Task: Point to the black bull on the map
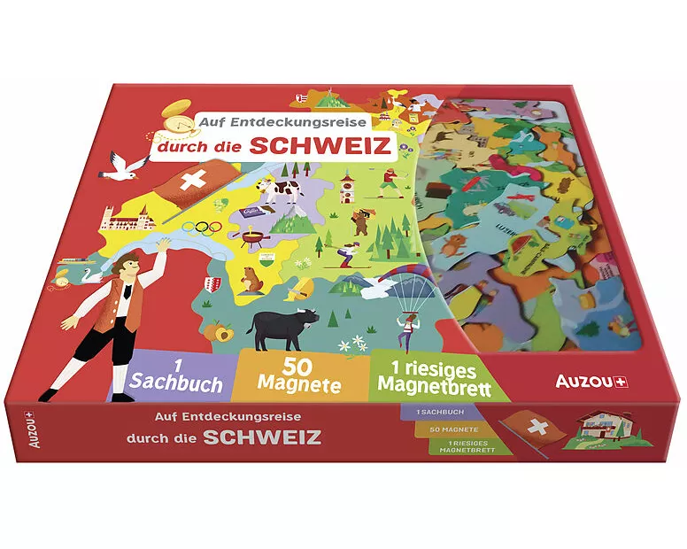point(282,328)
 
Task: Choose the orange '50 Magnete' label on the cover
point(301,373)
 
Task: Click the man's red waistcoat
point(118,309)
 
